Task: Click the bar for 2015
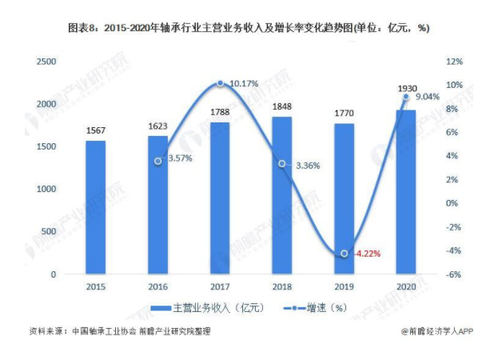(x=95, y=208)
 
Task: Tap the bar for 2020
(x=406, y=192)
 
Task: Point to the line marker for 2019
(x=345, y=254)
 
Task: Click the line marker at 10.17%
(x=220, y=83)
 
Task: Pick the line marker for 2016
(x=158, y=161)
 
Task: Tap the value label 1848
(x=282, y=107)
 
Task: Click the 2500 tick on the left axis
(x=47, y=62)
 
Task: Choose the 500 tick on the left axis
(x=50, y=232)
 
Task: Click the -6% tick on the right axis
(x=452, y=274)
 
